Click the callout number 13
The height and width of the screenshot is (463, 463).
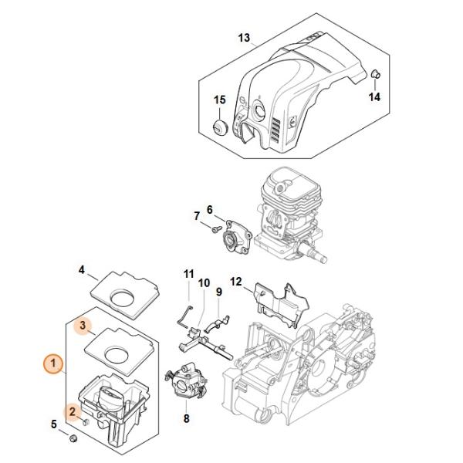click(x=244, y=38)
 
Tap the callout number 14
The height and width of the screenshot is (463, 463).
click(x=374, y=96)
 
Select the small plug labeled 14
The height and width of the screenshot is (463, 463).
click(x=375, y=74)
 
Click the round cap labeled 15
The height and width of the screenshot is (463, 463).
click(x=220, y=128)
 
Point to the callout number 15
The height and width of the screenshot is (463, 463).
click(x=220, y=100)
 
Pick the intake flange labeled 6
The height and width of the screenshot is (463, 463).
click(x=237, y=236)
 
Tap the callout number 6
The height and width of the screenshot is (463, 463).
click(x=209, y=210)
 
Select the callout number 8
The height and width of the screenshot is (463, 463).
click(x=186, y=418)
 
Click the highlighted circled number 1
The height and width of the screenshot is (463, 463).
click(x=53, y=363)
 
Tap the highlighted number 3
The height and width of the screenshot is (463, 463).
click(x=83, y=326)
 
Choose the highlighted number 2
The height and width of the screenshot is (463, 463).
click(x=73, y=411)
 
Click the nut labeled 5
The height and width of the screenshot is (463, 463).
click(x=73, y=438)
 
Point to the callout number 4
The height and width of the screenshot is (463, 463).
click(x=82, y=270)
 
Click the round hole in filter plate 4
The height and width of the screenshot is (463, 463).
click(x=122, y=296)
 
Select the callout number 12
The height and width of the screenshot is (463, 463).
click(x=236, y=282)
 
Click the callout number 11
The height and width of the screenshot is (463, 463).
click(x=189, y=274)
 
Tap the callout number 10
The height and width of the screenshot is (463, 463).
click(x=204, y=283)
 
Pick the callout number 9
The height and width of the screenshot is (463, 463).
click(x=219, y=292)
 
